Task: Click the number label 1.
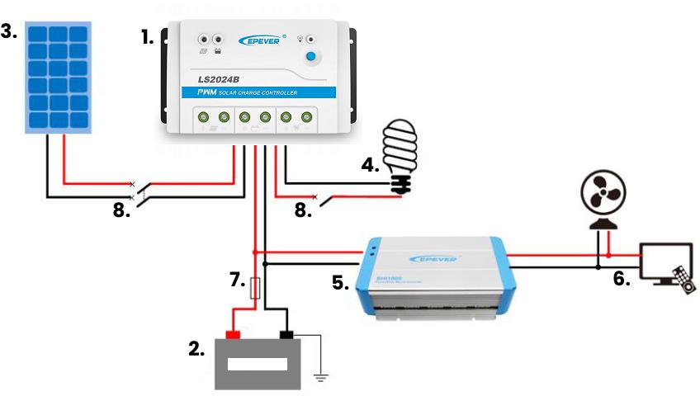click(148, 38)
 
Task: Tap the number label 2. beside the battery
click(196, 348)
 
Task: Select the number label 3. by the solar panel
click(9, 31)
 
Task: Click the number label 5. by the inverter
click(340, 282)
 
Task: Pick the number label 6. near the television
click(622, 279)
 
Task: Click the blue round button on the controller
click(311, 56)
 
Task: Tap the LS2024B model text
click(218, 80)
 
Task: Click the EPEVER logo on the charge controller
click(262, 39)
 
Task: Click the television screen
click(666, 260)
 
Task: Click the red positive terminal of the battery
click(233, 335)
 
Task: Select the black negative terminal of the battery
click(288, 335)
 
